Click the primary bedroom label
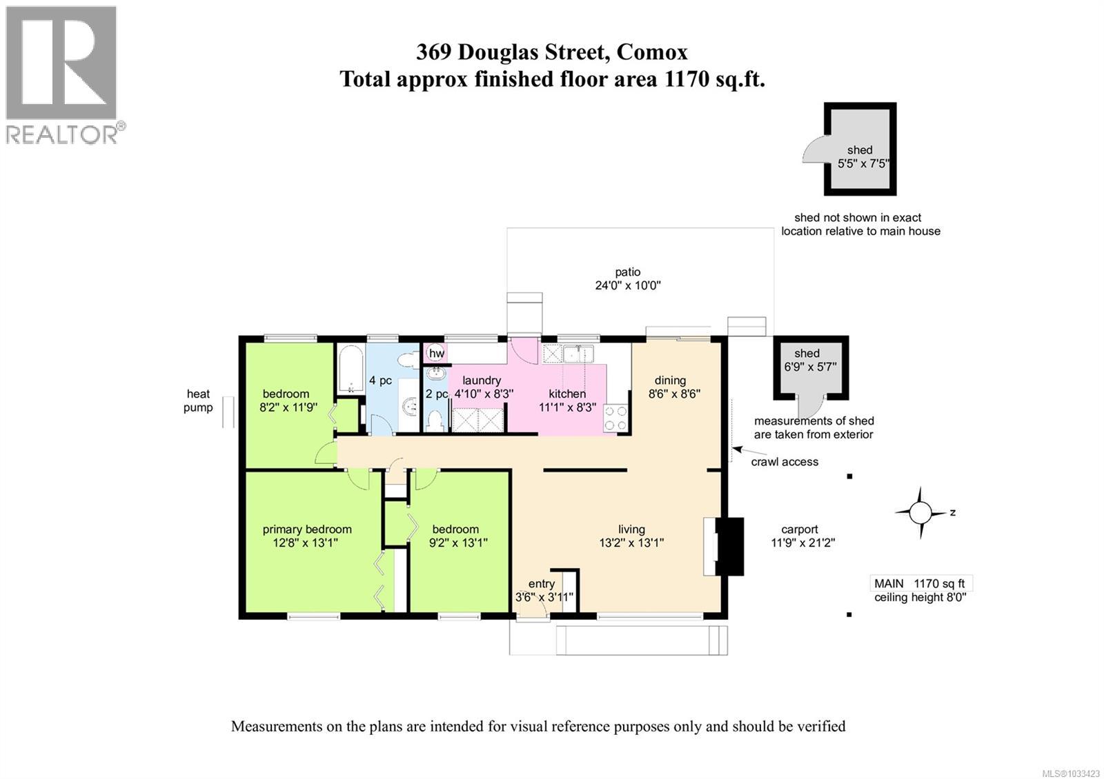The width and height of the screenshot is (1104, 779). (x=307, y=529)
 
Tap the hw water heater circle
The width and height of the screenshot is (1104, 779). (x=436, y=354)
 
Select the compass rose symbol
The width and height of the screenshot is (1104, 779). (x=920, y=513)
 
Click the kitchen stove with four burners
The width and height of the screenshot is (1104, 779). (x=615, y=417)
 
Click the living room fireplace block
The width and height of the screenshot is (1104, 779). (x=729, y=546)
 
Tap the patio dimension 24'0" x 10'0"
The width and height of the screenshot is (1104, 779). (x=628, y=285)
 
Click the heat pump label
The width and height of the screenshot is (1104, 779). (x=198, y=401)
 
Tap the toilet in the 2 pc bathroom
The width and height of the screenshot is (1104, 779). (x=435, y=421)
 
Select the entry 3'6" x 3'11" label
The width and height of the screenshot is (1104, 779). (x=544, y=590)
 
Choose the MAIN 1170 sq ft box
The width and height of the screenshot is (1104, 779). (x=920, y=583)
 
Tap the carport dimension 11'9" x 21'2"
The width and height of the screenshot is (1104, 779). (x=802, y=543)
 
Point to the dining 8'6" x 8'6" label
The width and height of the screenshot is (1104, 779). (x=670, y=387)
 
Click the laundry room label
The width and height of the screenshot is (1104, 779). (x=481, y=381)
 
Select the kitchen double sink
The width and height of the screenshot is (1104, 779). (x=578, y=354)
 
